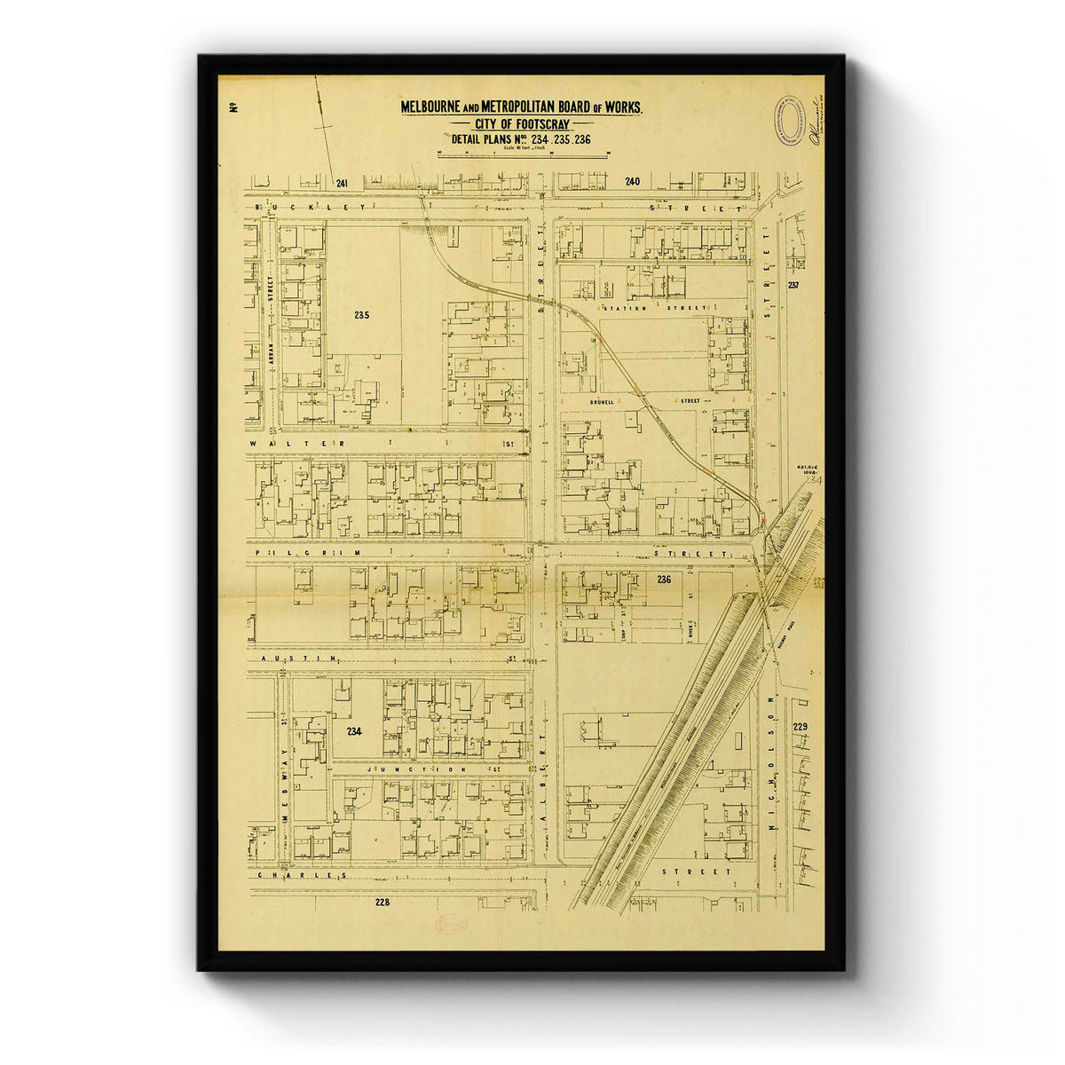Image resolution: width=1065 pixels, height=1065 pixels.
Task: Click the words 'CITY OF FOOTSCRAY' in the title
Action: click(x=523, y=124)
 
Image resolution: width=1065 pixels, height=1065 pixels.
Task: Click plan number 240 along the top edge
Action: click(x=631, y=182)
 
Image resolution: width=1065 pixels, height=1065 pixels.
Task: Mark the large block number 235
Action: click(x=360, y=315)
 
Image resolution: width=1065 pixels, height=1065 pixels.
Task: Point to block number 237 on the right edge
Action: click(x=793, y=285)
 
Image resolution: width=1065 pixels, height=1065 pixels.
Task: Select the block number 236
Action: click(x=665, y=580)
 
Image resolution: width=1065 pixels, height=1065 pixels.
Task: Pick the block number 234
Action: click(x=356, y=731)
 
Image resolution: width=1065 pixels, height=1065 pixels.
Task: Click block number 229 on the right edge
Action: click(x=801, y=727)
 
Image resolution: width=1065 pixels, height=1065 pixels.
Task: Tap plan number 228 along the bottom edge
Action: click(x=382, y=903)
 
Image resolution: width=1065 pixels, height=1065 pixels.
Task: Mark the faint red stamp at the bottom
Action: click(x=451, y=923)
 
